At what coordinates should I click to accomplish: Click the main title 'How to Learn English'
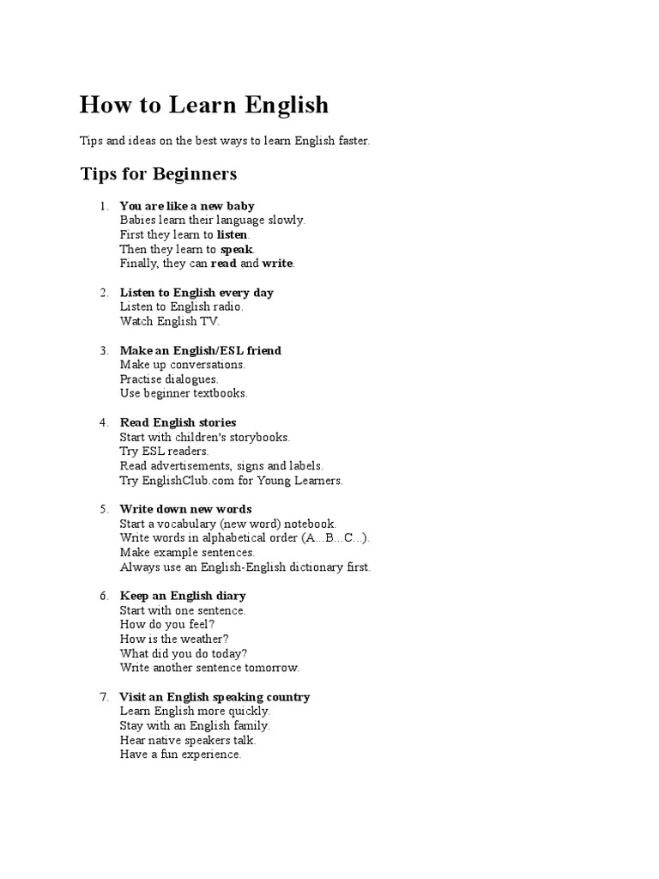204,106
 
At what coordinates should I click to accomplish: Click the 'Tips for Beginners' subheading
159,174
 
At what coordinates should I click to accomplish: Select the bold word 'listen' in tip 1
232,234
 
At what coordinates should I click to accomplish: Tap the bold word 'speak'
237,249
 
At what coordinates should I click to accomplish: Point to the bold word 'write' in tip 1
277,264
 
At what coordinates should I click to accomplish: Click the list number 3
104,350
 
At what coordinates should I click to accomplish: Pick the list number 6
104,596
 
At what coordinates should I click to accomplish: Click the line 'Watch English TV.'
170,321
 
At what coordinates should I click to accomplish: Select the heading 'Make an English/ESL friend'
201,350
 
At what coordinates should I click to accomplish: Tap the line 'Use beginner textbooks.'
184,393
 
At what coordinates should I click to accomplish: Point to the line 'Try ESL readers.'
165,451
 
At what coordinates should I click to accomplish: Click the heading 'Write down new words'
185,509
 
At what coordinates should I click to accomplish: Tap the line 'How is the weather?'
175,639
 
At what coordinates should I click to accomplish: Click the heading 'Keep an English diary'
183,596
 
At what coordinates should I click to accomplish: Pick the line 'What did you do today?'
178,653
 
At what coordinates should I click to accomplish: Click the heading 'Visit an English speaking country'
215,697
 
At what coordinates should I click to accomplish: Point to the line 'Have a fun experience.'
181,755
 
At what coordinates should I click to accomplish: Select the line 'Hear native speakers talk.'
188,740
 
